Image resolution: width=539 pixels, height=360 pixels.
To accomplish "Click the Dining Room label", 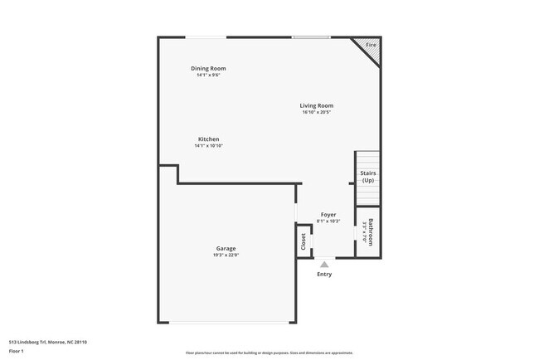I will pyautogui.click(x=208, y=68).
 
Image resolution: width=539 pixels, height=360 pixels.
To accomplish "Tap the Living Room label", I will pyautogui.click(x=317, y=105).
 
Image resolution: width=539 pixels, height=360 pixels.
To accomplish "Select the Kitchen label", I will pyautogui.click(x=208, y=139).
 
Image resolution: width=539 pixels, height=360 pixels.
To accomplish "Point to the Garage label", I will pyautogui.click(x=226, y=248).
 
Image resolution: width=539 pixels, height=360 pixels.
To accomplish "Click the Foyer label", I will pyautogui.click(x=328, y=215).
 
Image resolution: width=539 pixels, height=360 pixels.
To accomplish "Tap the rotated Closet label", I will pyautogui.click(x=303, y=241).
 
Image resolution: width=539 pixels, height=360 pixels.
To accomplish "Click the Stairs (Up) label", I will pyautogui.click(x=367, y=177).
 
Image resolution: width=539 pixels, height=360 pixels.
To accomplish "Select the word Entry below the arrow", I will pyautogui.click(x=324, y=274).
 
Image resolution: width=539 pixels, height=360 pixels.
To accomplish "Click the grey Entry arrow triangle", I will pyautogui.click(x=324, y=264).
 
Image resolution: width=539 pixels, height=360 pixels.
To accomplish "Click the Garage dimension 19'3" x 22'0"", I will pyautogui.click(x=226, y=255).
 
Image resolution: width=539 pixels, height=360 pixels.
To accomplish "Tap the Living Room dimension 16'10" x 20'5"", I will pyautogui.click(x=317, y=113).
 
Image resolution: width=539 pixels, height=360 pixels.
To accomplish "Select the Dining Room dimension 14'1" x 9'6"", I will pyautogui.click(x=208, y=75).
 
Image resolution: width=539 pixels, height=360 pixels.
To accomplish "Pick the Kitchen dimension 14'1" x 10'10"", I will pyautogui.click(x=208, y=146).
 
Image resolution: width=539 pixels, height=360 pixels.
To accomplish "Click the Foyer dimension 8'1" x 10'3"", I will pyautogui.click(x=328, y=221).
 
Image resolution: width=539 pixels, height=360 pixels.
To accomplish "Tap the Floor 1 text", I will pyautogui.click(x=17, y=352).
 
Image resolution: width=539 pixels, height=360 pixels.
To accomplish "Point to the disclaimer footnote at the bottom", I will pyautogui.click(x=269, y=353).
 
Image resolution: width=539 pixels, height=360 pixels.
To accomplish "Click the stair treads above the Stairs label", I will pyautogui.click(x=367, y=159).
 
